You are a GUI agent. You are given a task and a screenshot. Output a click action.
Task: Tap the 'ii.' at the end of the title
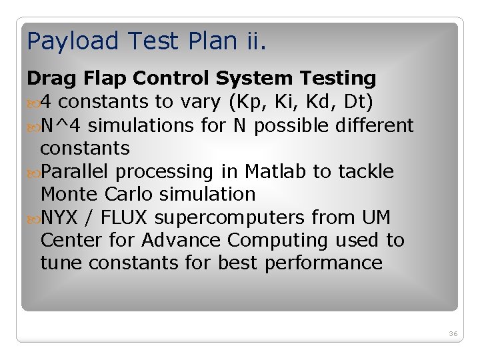[x=254, y=41]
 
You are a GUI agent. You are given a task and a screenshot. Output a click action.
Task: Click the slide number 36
[x=453, y=333]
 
